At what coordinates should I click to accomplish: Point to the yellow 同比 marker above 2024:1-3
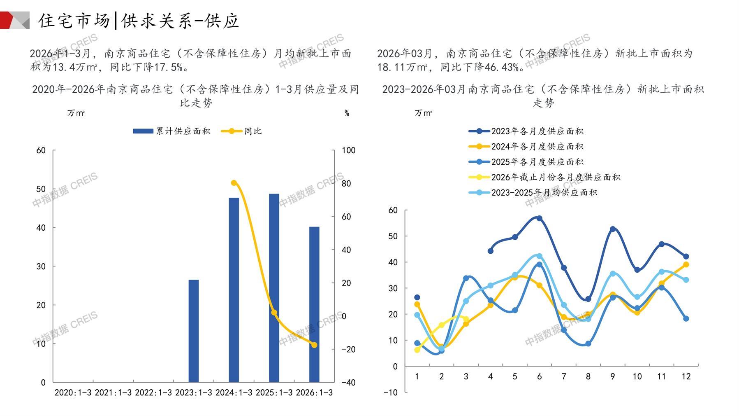pos(234,183)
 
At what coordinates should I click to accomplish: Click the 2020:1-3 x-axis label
pos(73,393)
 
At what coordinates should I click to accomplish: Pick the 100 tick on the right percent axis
pos(348,150)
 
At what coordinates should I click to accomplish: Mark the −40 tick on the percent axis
pos(348,383)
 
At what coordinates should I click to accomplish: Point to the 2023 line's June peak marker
pos(539,218)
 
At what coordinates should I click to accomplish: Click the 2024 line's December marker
pos(686,264)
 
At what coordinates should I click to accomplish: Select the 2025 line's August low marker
pos(588,344)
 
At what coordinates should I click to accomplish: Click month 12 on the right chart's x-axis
pos(686,376)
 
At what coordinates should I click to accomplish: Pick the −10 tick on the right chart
pos(390,393)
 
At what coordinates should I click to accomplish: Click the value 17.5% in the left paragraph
pos(168,67)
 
